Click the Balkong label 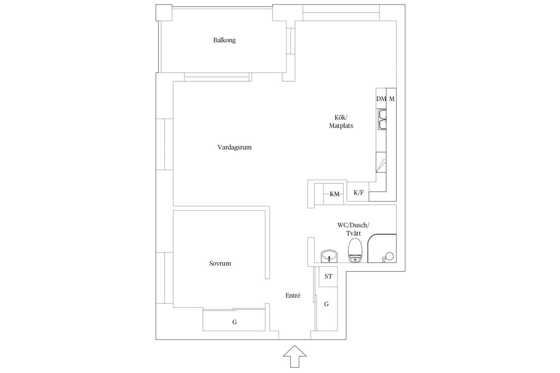pos(224,40)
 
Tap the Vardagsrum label pos(234,147)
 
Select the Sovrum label pos(220,263)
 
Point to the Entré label pos(293,296)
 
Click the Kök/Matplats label pos(341,122)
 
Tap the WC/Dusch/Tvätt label pos(353,229)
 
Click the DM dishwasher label pos(381,99)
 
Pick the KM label pos(335,194)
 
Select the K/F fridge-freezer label pos(358,193)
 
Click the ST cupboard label pos(328,276)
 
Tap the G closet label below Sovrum pos(234,322)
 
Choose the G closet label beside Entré pos(327,304)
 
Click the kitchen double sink pos(382,119)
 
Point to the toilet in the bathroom pos(355,251)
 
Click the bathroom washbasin pos(329,256)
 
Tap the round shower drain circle pos(390,256)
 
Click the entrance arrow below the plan pos(295,356)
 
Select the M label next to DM pos(392,99)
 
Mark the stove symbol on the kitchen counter pos(381,162)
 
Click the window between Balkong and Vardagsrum pos(218,77)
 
